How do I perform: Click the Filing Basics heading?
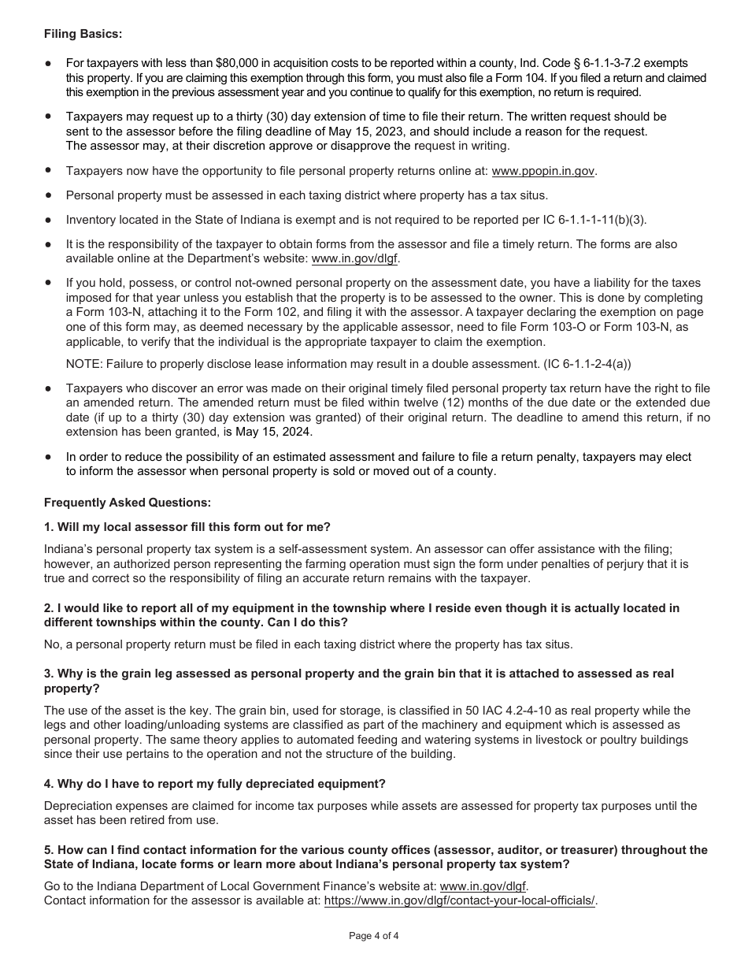83,34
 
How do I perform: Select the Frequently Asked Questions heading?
128,502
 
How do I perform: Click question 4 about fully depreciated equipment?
215,783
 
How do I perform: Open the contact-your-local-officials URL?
460,900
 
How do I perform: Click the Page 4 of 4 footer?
374,936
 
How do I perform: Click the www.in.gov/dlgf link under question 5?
483,886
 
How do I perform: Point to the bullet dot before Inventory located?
49,220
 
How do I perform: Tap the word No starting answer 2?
51,644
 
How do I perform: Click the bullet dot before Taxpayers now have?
49,169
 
